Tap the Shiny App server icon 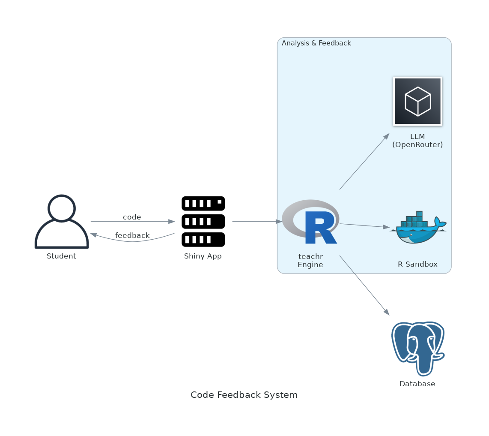[x=203, y=222]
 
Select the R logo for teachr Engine [x=311, y=222]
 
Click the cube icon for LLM [x=417, y=102]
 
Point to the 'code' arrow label [x=132, y=217]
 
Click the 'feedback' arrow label [x=132, y=236]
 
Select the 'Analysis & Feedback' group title [x=316, y=43]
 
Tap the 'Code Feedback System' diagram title [x=244, y=395]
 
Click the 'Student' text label [x=61, y=256]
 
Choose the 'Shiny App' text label [x=203, y=256]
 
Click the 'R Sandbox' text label [x=417, y=265]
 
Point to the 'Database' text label [x=417, y=384]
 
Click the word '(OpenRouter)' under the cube [x=417, y=145]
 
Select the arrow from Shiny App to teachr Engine [x=257, y=222]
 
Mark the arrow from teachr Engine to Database [x=364, y=285]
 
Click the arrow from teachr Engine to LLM [x=364, y=162]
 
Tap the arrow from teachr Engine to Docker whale [x=364, y=226]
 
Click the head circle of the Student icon [x=62, y=208]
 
